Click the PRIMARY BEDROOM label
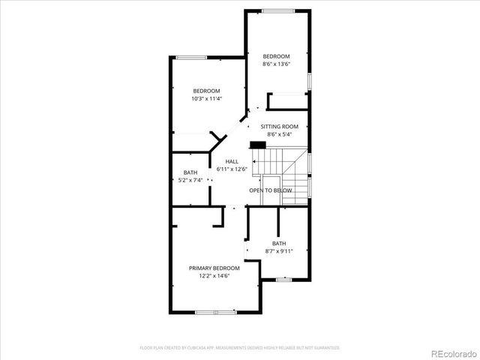click(214, 268)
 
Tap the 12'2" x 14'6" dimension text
click(214, 276)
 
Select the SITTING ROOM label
click(279, 127)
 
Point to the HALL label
click(232, 161)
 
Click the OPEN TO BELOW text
click(271, 190)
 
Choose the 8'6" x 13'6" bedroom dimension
click(275, 64)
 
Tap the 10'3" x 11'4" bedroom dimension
click(206, 98)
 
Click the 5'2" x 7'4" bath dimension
click(190, 180)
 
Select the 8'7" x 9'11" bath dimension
click(279, 251)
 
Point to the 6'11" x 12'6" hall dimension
click(232, 169)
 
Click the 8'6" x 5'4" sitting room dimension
click(279, 134)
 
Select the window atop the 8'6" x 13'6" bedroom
click(277, 10)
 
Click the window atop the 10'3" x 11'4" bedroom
click(187, 57)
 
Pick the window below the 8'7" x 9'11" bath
click(283, 280)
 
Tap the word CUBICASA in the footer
click(204, 348)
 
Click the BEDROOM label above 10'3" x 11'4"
click(206, 91)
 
